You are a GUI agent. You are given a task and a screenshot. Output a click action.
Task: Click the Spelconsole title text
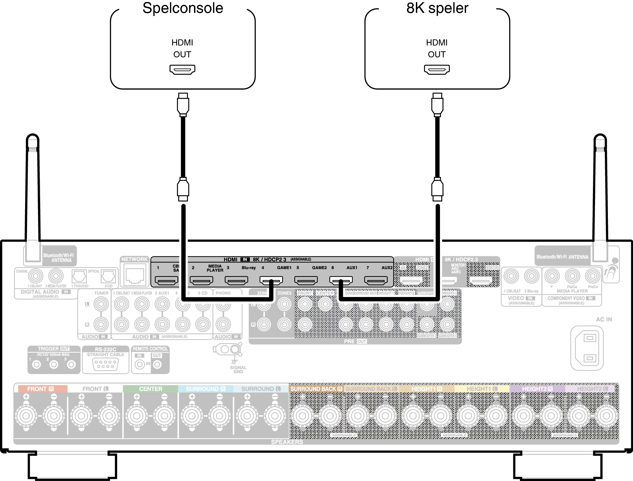tap(183, 8)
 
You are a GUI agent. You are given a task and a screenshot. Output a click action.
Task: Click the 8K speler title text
tap(437, 8)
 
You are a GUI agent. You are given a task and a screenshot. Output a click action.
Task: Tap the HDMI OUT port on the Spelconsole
tap(183, 70)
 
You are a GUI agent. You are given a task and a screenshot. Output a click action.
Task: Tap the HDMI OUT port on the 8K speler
tap(437, 70)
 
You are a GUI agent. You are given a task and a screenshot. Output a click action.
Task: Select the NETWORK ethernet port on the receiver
tap(135, 276)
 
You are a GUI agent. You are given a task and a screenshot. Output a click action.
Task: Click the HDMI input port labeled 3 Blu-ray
tap(236, 280)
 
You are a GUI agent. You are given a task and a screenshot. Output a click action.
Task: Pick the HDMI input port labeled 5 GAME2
tap(306, 280)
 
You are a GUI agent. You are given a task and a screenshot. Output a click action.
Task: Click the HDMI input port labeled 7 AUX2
tap(376, 280)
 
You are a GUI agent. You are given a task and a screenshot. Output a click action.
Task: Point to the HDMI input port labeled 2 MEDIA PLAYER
tap(202, 280)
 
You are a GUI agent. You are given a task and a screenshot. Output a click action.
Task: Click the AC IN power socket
tap(590, 348)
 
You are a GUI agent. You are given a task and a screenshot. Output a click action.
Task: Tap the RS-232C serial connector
tap(105, 364)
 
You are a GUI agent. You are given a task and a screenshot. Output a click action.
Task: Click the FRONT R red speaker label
tap(41, 389)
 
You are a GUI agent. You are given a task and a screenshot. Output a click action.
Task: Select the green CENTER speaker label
tap(150, 389)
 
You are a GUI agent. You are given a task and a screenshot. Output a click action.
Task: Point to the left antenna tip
tap(33, 137)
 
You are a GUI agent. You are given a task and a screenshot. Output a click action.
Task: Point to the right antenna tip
tap(600, 137)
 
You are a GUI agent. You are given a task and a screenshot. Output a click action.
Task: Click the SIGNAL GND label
tap(238, 369)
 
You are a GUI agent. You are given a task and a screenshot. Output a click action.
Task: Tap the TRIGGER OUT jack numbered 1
tap(36, 365)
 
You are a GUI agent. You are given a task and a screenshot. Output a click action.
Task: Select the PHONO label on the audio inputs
tap(223, 293)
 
